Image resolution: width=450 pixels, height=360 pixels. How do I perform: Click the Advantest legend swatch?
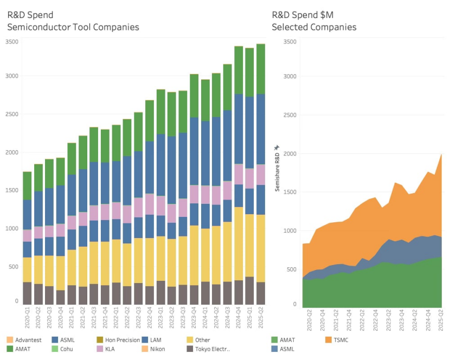tap(10, 340)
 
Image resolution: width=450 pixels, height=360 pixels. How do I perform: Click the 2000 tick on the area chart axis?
tap(290, 153)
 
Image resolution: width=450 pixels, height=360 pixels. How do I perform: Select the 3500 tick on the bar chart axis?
tap(12, 42)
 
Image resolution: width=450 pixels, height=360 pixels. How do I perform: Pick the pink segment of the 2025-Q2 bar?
tap(261, 175)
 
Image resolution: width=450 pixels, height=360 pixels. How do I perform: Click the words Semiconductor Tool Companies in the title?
tap(73, 27)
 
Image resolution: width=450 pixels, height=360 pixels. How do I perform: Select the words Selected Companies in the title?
tap(314, 27)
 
